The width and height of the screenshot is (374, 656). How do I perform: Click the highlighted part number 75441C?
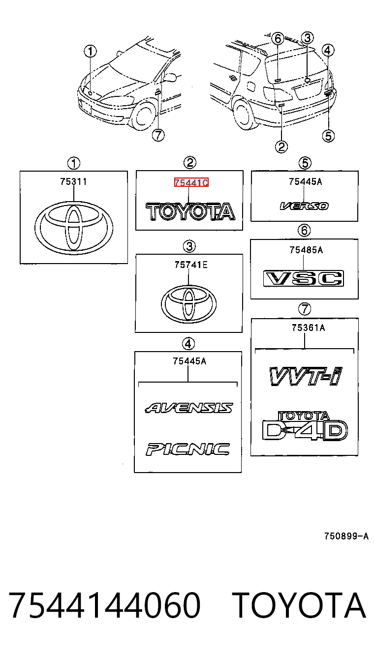(191, 182)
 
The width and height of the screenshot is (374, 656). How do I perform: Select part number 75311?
(73, 182)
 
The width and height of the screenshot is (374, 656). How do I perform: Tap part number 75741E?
(191, 265)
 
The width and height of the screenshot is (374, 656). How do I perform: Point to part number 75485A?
(306, 250)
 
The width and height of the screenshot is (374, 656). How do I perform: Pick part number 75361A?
(309, 328)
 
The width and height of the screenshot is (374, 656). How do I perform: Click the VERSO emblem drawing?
(304, 206)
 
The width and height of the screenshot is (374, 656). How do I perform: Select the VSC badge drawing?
(304, 278)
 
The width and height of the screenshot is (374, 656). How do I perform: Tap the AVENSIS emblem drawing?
(189, 408)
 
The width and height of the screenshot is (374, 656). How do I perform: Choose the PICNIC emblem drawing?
(187, 449)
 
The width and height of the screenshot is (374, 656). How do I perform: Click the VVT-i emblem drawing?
(306, 376)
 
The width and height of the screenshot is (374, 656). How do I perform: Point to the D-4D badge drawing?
(305, 426)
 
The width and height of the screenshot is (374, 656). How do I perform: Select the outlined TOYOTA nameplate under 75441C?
(190, 211)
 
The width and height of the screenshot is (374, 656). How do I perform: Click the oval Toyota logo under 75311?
(74, 228)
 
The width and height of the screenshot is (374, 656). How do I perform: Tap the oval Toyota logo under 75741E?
(189, 304)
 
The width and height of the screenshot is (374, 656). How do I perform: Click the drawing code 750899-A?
(346, 536)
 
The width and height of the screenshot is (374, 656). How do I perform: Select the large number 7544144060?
(105, 605)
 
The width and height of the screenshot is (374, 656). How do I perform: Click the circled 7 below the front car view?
(158, 135)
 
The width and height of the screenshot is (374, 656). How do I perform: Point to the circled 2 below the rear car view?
(281, 147)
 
